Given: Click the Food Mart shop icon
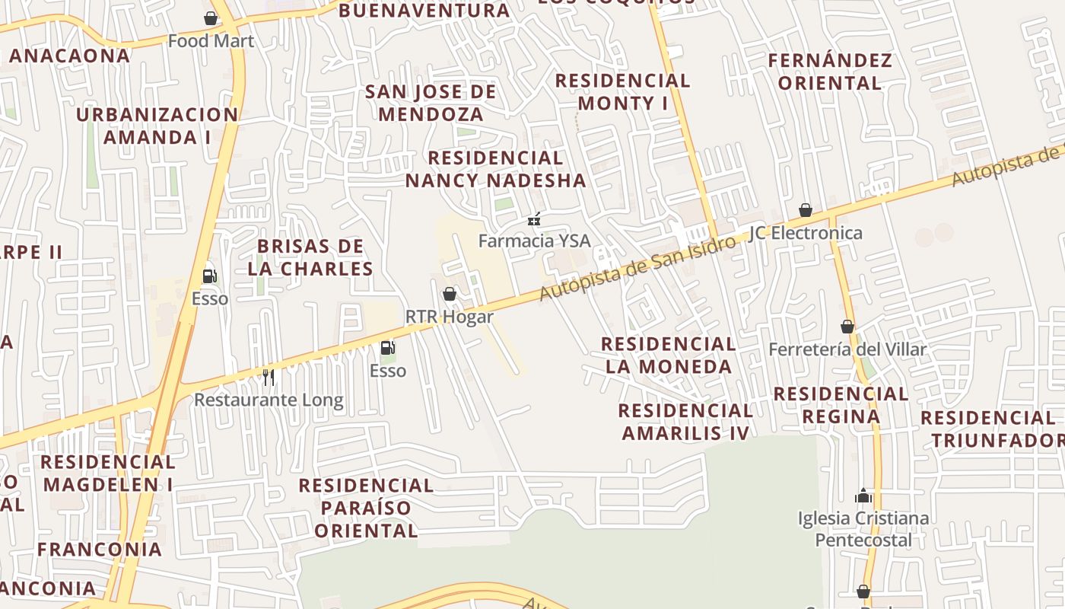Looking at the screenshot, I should pyautogui.click(x=211, y=18).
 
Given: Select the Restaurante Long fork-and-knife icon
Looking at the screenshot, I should pyautogui.click(x=268, y=377).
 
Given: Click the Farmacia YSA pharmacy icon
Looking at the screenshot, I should pyautogui.click(x=534, y=219).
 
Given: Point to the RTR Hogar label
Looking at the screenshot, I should pyautogui.click(x=449, y=317).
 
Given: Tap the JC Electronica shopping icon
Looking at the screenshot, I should pyautogui.click(x=806, y=210).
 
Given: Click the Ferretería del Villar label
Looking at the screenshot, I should pyautogui.click(x=847, y=349).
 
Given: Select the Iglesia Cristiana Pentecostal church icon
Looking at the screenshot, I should pyautogui.click(x=863, y=496).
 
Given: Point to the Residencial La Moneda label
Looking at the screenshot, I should pyautogui.click(x=669, y=356).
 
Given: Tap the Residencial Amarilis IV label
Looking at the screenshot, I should pyautogui.click(x=685, y=422).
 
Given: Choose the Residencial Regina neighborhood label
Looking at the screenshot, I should pyautogui.click(x=841, y=405).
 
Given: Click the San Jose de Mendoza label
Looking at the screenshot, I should pyautogui.click(x=431, y=103).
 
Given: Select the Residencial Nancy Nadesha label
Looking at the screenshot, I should pyautogui.click(x=495, y=169).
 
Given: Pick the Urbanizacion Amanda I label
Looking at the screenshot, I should pyautogui.click(x=157, y=126).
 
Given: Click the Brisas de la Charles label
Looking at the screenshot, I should pyautogui.click(x=310, y=257).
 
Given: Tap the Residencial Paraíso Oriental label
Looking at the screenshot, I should pyautogui.click(x=366, y=508).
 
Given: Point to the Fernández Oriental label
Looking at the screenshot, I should pyautogui.click(x=829, y=72).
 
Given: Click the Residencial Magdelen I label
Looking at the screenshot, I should pyautogui.click(x=108, y=473).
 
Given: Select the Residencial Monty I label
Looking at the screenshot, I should pyautogui.click(x=622, y=91).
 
